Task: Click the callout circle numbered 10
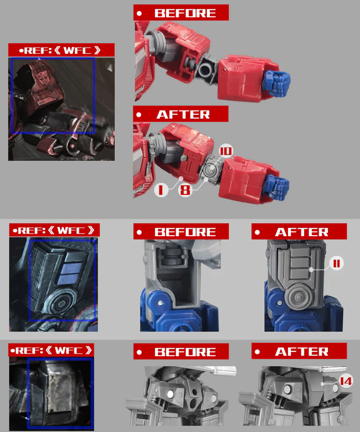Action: click(x=226, y=151)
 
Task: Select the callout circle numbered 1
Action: click(x=161, y=190)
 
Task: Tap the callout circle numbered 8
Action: click(x=185, y=190)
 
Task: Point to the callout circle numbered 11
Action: click(x=336, y=264)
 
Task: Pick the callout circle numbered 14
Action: click(x=346, y=381)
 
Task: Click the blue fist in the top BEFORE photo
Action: click(x=276, y=83)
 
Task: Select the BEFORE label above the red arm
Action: click(x=181, y=12)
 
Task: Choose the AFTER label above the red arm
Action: click(x=180, y=114)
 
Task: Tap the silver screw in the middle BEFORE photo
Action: click(x=160, y=303)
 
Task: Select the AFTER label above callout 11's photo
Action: click(x=299, y=232)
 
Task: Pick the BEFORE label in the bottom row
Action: click(x=181, y=351)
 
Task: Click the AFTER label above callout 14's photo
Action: click(x=299, y=351)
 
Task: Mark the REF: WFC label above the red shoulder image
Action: click(x=61, y=50)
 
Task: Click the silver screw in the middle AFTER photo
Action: click(x=279, y=303)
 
